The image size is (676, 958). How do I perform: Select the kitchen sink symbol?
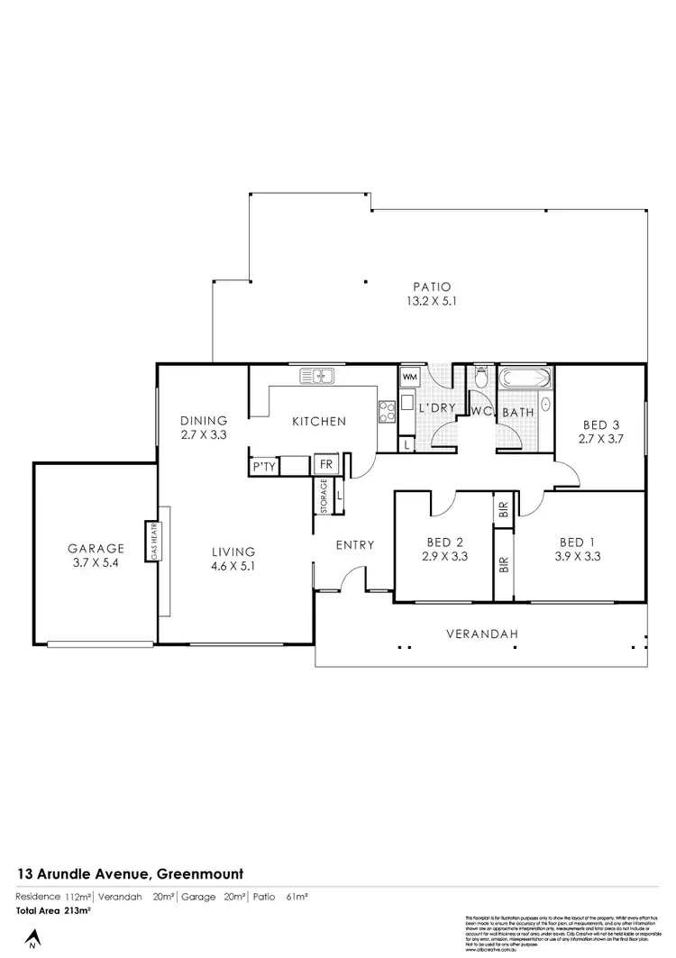coord(317,375)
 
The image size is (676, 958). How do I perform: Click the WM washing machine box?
coord(409,376)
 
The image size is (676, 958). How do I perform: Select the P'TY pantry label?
coord(263,467)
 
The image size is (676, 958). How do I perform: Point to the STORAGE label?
coord(324,497)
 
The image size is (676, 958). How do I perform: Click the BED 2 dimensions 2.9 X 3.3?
coord(445,557)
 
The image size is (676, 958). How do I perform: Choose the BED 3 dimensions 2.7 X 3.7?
coord(601,440)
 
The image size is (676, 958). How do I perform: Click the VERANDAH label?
coord(483,634)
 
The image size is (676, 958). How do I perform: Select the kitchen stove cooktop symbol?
coord(387,411)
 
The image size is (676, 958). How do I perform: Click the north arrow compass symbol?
coord(32,940)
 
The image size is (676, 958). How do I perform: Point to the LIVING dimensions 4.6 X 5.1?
coord(233,567)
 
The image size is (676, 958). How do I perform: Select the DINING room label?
coord(203,420)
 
